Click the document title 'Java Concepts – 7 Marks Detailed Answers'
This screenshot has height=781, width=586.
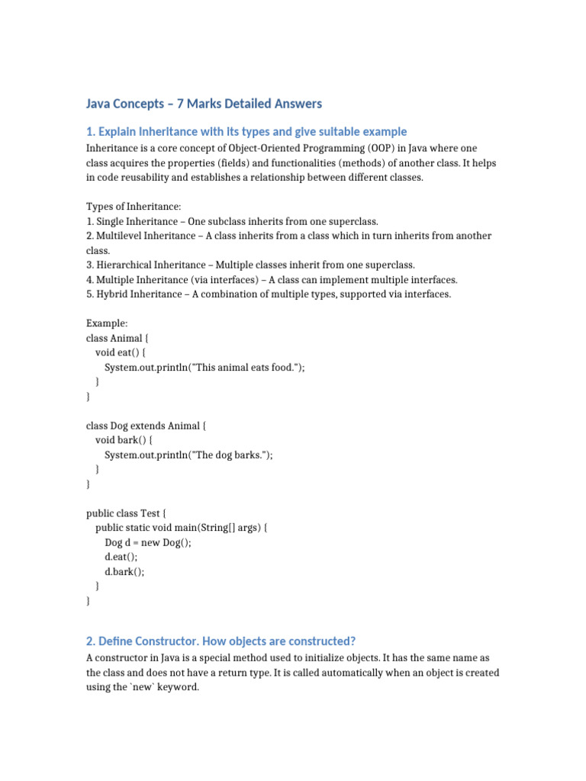204,103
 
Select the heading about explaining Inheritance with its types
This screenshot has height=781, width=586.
246,131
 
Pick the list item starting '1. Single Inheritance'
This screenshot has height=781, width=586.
232,221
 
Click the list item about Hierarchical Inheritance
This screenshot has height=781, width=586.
250,265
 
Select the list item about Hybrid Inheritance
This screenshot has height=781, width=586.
269,294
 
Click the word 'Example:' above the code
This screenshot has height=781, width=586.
107,323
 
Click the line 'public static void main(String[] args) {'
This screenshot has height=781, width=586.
182,527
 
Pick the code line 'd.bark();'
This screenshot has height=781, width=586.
124,571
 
